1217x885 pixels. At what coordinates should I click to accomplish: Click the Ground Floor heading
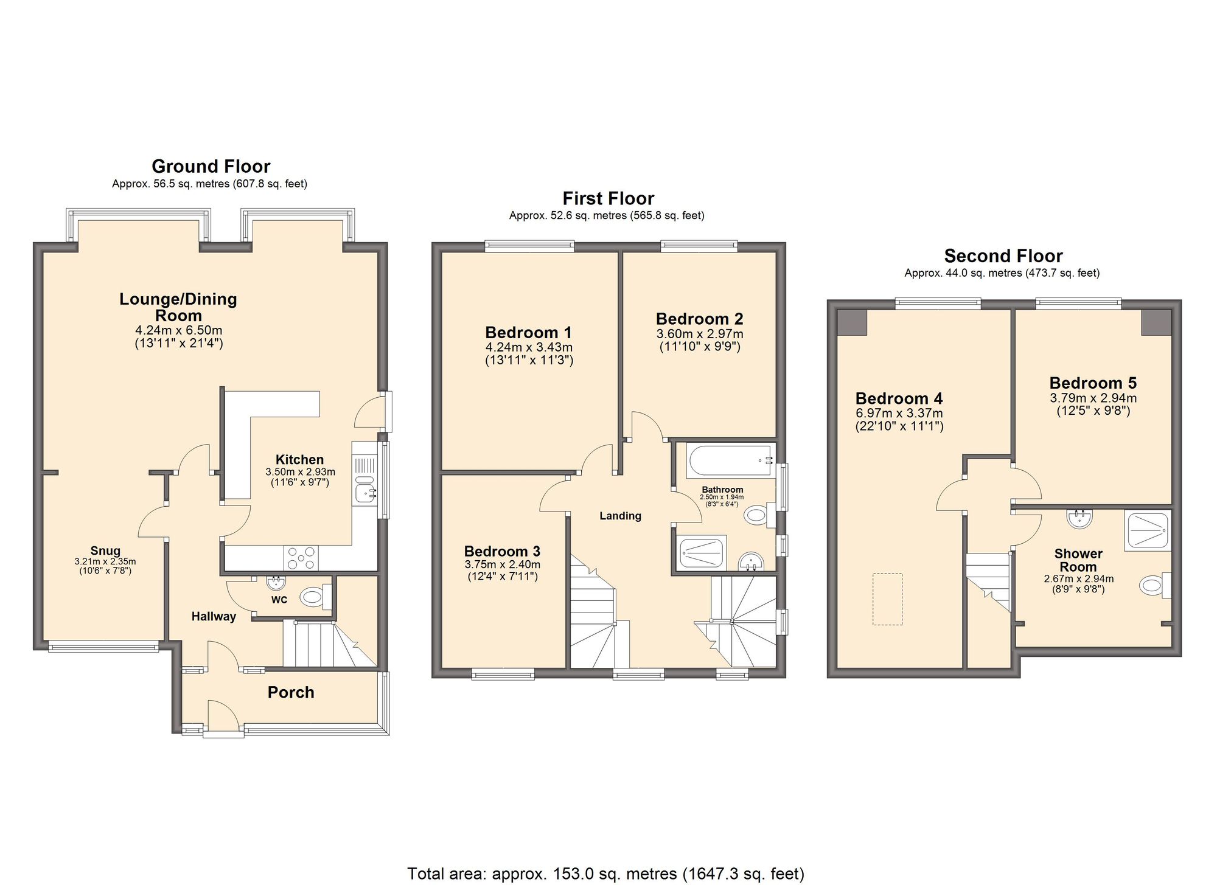[211, 166]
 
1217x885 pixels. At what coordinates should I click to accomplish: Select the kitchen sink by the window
[364, 491]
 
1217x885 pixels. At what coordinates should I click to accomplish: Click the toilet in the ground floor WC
[313, 597]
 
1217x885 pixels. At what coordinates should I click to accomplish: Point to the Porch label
[291, 692]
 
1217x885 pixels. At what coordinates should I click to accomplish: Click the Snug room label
[105, 550]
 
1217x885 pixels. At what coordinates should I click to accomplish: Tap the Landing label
[620, 516]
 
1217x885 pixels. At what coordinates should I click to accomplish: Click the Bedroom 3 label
[502, 551]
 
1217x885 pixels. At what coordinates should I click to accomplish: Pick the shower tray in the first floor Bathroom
[702, 552]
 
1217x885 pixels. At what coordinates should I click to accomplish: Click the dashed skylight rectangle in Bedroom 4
[887, 599]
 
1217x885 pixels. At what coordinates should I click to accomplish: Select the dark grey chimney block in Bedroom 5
[1155, 322]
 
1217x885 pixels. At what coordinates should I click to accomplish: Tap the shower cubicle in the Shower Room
[1147, 530]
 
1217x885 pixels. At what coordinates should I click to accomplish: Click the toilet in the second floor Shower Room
[1152, 586]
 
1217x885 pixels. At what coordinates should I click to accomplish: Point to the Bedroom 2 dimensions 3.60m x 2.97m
[700, 334]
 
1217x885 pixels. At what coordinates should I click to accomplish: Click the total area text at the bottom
[605, 873]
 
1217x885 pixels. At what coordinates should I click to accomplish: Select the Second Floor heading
[1003, 255]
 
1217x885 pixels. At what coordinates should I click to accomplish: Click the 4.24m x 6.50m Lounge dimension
[178, 330]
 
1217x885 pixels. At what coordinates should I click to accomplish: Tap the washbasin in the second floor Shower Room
[1079, 518]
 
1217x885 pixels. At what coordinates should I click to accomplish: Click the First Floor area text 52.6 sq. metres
[607, 215]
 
